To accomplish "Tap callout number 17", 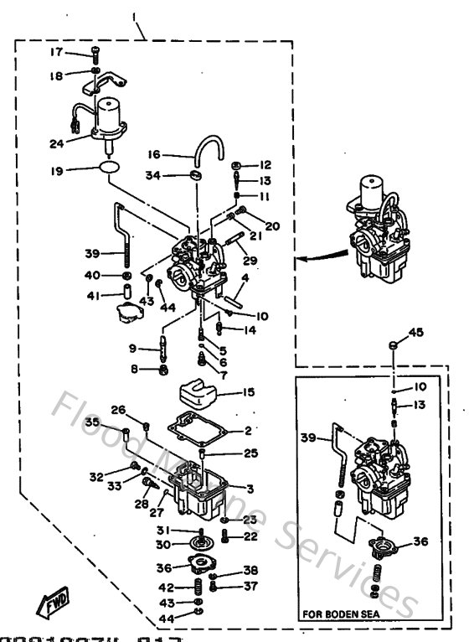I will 56,52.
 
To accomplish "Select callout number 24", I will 57,143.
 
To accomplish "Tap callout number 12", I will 265,165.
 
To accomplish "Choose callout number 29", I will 250,261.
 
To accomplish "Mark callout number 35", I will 92,422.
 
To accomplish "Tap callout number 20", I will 272,225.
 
